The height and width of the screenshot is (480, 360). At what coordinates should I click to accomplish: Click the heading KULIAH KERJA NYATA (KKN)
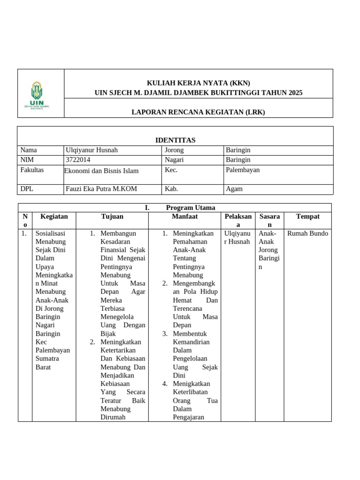click(198, 83)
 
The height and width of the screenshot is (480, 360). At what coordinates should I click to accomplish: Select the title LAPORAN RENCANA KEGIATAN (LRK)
click(198, 112)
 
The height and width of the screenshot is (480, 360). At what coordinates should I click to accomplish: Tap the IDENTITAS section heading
click(175, 140)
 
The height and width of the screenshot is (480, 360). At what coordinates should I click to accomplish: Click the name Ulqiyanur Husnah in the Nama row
click(92, 150)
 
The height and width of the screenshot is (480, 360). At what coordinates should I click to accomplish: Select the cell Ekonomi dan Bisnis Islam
click(101, 171)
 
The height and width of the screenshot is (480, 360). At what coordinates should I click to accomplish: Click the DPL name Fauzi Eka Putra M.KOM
click(101, 189)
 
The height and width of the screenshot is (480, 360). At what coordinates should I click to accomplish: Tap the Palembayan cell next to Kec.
click(242, 170)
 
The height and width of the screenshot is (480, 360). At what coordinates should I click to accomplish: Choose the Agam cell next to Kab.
click(234, 189)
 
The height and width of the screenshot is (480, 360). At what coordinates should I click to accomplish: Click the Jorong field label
click(174, 150)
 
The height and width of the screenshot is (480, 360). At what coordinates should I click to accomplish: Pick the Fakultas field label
click(32, 170)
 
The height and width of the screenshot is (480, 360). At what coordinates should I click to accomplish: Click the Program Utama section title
click(190, 208)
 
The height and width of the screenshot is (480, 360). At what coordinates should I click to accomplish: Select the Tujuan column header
click(112, 217)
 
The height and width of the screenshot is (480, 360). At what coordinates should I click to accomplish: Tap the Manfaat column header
click(185, 217)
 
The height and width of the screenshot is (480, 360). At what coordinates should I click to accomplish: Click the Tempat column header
click(308, 217)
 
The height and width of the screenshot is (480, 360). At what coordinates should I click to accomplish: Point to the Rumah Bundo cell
click(308, 233)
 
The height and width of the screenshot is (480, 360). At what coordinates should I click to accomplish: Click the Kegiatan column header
click(54, 217)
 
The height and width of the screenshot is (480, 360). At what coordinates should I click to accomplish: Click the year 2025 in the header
click(293, 93)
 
